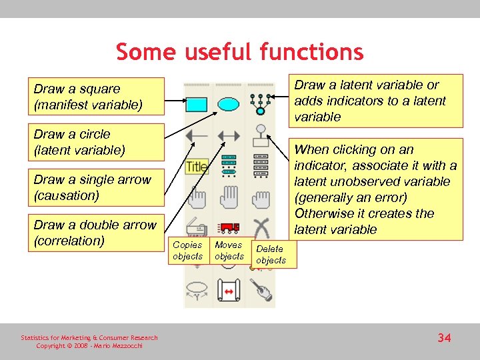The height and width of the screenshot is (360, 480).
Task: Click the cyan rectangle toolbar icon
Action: [197, 105]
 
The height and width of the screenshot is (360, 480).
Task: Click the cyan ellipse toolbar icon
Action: [229, 104]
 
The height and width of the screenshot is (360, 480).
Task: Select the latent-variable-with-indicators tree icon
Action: [259, 103]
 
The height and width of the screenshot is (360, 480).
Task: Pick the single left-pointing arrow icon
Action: [197, 136]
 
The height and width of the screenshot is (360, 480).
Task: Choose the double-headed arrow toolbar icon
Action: [229, 136]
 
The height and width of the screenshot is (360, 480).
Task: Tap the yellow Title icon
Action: [197, 166]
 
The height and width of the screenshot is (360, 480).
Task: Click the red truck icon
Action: [229, 227]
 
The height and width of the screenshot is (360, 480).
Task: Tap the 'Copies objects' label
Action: [187, 251]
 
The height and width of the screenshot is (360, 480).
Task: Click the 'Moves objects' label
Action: [229, 251]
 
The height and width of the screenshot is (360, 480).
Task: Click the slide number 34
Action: [444, 338]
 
